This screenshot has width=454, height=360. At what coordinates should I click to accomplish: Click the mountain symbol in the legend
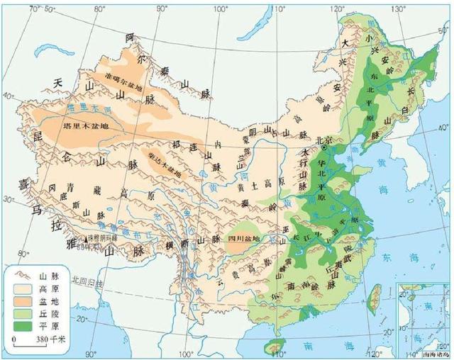point(21,275)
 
